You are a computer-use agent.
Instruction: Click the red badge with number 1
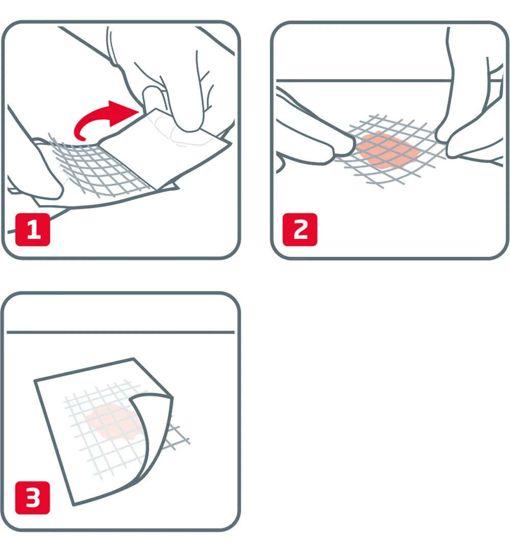point(33,230)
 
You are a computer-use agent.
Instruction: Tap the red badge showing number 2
point(300,230)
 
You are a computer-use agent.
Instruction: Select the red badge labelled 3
point(33,497)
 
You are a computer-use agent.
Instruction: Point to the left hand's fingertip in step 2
point(347,148)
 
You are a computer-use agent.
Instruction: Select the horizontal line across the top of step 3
point(120,332)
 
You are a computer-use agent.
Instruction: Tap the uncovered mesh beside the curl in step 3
point(178,436)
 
